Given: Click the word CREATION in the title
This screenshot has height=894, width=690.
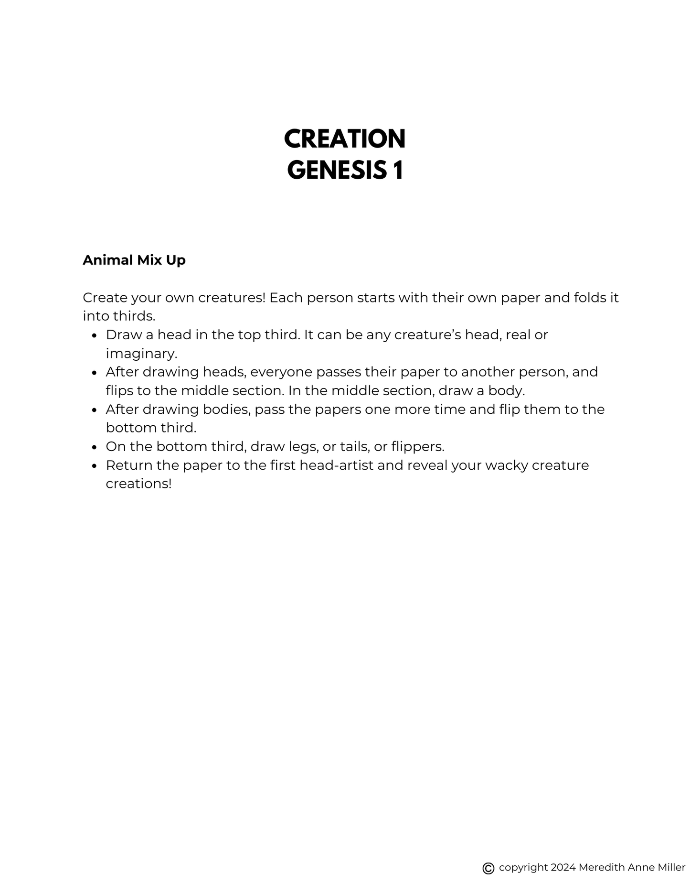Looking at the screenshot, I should [344, 139].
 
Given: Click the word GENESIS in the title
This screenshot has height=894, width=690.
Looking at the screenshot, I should [337, 170].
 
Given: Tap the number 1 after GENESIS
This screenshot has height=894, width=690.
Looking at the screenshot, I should [398, 170].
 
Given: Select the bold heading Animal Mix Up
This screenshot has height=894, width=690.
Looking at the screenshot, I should [134, 260].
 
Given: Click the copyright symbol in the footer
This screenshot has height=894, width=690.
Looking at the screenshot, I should [488, 868].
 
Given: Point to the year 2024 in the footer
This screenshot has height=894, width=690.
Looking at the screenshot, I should [563, 867].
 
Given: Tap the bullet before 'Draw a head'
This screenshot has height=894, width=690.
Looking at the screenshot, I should [95, 335].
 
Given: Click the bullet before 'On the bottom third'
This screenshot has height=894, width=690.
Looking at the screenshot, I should [95, 447].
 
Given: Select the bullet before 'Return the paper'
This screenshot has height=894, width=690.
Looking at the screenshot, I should [95, 466].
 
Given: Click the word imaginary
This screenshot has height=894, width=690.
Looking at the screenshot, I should [141, 354].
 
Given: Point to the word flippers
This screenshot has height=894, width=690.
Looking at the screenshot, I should [417, 447].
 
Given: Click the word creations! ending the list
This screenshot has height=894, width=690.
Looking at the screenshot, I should [138, 484].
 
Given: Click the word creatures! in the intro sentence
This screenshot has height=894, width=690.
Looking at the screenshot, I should [232, 298].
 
